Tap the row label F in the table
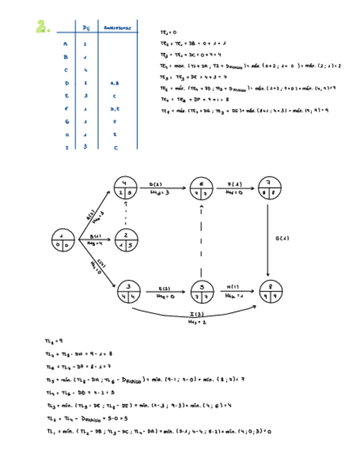coord(65,110)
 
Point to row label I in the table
coord(65,147)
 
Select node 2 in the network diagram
coord(127,239)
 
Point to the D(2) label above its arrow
coord(156,184)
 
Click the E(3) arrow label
coord(165,287)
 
